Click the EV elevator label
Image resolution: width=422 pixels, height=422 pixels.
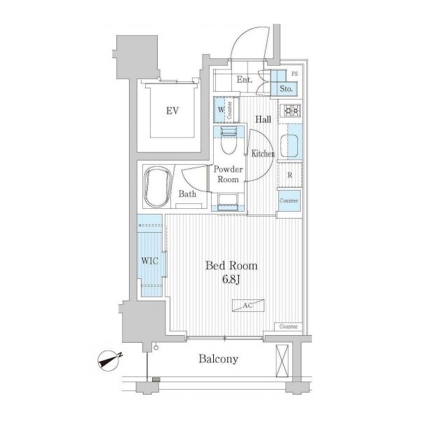coord(172,111)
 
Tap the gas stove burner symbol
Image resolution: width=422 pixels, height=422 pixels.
coord(290,111)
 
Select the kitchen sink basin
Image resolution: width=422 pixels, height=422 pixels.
coord(290,146)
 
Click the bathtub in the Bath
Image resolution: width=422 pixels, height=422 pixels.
coord(158,187)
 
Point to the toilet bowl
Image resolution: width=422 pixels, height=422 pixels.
coord(229,142)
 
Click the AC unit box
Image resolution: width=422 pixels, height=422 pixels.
coord(248,306)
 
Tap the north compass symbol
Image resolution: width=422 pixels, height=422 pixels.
coord(109,360)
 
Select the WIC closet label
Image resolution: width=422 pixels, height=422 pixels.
coord(150,261)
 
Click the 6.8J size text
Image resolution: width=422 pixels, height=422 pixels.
coord(231,280)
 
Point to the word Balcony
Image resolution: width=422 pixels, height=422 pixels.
coord(219,359)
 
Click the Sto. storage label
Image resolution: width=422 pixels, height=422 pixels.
coord(286,88)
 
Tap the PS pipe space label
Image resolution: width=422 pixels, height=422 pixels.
coord(294,74)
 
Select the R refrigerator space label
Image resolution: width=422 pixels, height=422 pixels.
coord(290,175)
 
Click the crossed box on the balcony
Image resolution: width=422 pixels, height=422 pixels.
coord(283,361)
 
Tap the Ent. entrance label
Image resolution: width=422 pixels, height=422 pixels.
coord(245,80)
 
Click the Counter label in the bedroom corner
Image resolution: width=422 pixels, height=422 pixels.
coord(288,327)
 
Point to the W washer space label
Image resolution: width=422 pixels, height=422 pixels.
coord(221,109)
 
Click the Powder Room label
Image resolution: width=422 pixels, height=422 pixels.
coord(228,175)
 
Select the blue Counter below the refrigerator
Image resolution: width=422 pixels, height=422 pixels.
coord(290,200)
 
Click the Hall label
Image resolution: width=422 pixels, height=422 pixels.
coord(263,119)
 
